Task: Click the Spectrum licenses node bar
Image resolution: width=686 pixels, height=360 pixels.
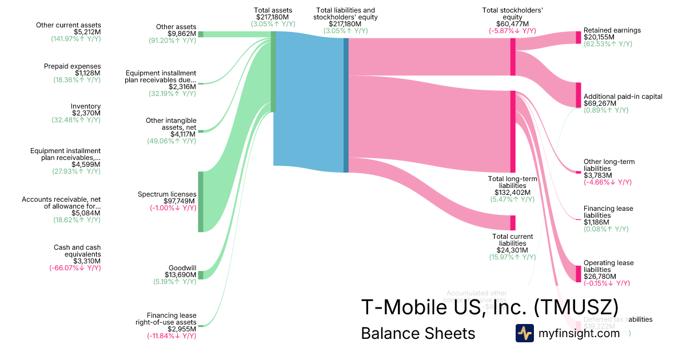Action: coord(201,202)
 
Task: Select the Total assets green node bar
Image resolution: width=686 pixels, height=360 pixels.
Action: coord(273,71)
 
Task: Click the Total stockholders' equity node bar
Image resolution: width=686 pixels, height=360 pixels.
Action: coord(513,57)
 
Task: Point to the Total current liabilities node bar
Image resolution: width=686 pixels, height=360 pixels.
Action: coord(513,223)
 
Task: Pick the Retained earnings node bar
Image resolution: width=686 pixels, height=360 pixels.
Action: coord(578,38)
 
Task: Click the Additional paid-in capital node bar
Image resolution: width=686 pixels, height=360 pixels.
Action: coord(578,95)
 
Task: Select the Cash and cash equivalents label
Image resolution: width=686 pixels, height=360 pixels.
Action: coord(77,251)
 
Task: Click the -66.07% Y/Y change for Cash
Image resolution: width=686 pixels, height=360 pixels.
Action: coord(75,267)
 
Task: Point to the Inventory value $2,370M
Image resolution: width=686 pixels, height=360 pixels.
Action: coord(86,114)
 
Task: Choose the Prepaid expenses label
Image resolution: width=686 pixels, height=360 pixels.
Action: coord(72,66)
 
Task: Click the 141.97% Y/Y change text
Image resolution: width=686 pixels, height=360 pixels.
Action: coord(76,39)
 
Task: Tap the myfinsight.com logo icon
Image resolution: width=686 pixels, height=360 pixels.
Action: coord(525,333)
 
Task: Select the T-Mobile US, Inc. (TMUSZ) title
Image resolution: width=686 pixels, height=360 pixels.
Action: coord(489,307)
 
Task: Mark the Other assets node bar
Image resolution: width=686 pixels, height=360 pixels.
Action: coord(201,34)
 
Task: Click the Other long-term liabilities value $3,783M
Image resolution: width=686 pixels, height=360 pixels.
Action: coord(599,175)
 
